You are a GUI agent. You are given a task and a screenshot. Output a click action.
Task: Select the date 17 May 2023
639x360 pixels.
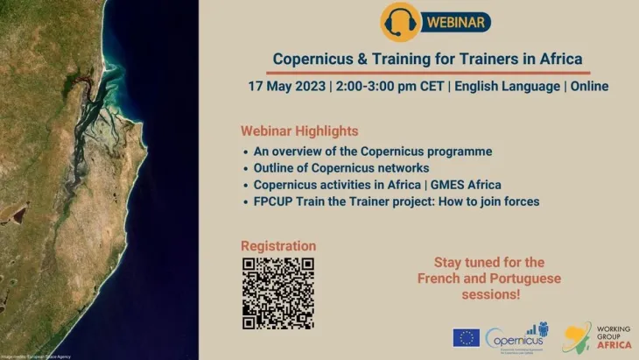click(284, 87)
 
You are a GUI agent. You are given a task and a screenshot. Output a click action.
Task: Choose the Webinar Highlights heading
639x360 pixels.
click(299, 131)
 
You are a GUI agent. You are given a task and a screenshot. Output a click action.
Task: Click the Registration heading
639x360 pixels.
click(278, 246)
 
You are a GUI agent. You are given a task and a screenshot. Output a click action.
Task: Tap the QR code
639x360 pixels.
click(278, 293)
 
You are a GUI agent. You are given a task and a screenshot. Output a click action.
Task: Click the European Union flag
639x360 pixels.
click(465, 337)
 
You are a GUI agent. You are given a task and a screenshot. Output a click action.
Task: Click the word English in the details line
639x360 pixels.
click(486, 87)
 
